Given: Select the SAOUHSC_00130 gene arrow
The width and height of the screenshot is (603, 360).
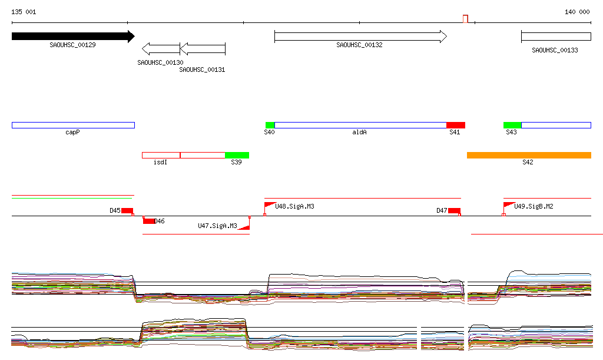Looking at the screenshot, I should click(x=161, y=49).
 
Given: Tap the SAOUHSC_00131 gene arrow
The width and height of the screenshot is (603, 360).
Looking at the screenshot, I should click(x=203, y=49).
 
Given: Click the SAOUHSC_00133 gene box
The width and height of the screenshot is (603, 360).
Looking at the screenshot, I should click(x=556, y=37).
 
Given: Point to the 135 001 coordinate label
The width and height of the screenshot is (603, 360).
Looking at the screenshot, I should click(x=24, y=12).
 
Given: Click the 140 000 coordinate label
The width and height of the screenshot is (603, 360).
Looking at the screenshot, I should click(x=577, y=12).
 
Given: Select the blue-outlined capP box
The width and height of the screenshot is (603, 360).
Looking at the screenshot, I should click(x=73, y=125).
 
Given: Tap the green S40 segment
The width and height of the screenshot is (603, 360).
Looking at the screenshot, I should click(x=270, y=125).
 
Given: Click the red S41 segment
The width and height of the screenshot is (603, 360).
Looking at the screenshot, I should click(x=456, y=125).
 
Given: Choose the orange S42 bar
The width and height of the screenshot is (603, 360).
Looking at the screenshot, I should click(x=529, y=155).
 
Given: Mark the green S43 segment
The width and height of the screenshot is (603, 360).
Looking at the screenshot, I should click(x=512, y=125).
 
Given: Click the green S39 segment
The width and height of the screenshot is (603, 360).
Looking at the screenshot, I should click(x=237, y=155).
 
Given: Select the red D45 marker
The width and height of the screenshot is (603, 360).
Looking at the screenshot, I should click(x=127, y=210).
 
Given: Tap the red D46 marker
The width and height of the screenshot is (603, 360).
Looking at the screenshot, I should click(x=148, y=221).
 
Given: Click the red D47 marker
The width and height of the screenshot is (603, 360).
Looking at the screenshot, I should click(x=454, y=210).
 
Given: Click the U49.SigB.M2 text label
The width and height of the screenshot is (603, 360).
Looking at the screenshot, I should click(x=534, y=207).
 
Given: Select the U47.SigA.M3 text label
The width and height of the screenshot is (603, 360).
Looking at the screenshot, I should click(x=217, y=226).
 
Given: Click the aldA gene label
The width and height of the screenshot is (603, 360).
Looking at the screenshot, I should click(x=359, y=133).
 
